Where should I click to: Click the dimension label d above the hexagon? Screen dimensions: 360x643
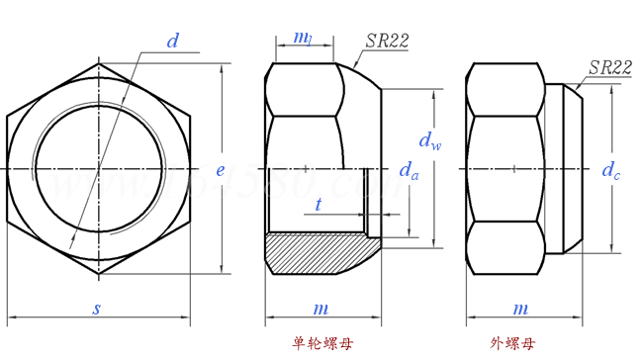point(173,42)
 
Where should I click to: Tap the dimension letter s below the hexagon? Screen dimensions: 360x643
point(97,309)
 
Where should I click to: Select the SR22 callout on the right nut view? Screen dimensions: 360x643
point(609,67)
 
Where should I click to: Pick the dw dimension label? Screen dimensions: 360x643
point(429,140)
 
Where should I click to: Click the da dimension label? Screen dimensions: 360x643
point(409,171)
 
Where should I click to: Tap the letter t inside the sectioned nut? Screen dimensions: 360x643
point(318,205)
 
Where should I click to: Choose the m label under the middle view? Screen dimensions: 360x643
point(321,309)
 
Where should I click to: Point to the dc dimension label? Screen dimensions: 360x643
point(611,170)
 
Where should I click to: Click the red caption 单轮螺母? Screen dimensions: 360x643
point(321,344)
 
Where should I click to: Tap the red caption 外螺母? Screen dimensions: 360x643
point(512,344)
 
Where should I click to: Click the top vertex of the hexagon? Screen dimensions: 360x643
point(98,64)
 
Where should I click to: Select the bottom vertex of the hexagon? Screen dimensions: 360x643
point(98,274)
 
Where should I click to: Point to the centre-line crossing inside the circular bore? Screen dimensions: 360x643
point(98,169)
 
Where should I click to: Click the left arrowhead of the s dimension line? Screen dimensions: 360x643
point(11,318)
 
